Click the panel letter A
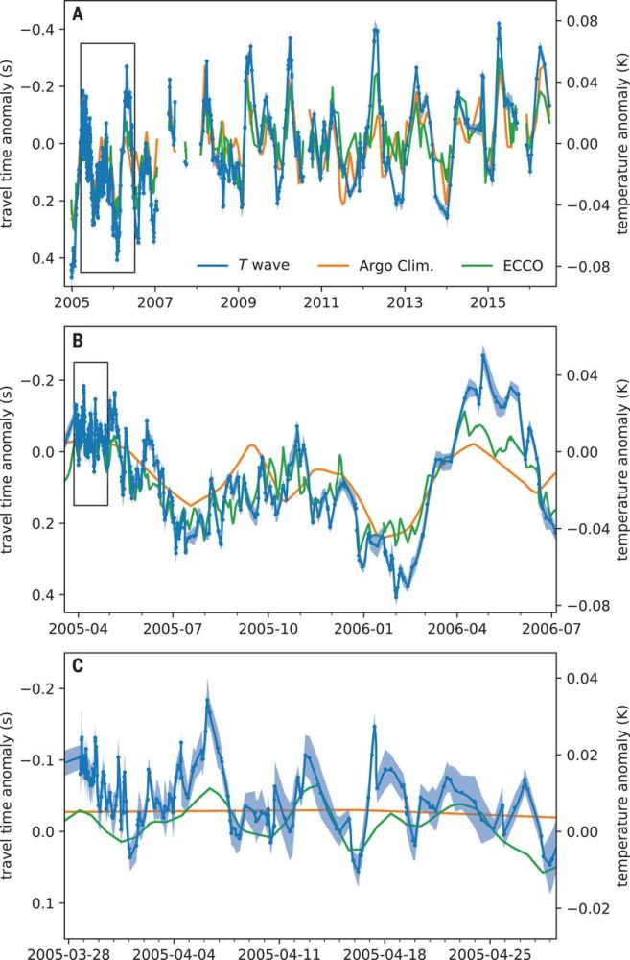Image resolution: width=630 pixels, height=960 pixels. (78, 16)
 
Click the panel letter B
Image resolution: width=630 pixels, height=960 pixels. (78, 337)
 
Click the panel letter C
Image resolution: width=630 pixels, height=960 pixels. (78, 661)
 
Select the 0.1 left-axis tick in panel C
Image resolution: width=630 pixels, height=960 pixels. (45, 903)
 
